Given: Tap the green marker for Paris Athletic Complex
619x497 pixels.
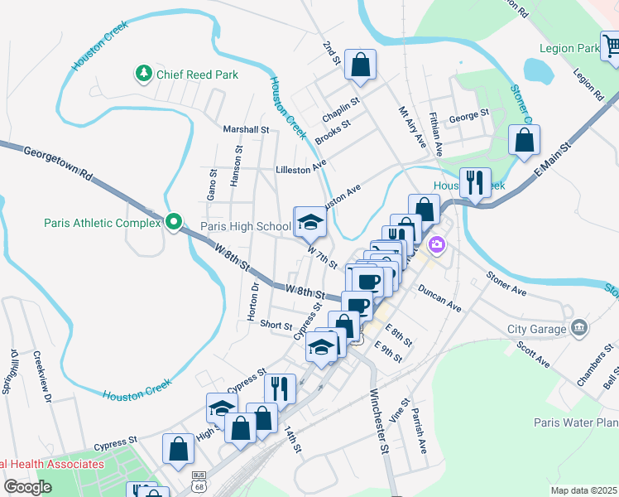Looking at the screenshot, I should pos(173,222).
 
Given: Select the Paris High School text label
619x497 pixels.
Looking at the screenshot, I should pos(246,226).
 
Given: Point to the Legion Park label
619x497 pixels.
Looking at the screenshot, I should pos(569,49).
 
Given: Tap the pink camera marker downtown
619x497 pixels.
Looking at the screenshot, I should pos(436,244).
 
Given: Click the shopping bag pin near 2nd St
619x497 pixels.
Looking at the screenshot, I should pos(360,65).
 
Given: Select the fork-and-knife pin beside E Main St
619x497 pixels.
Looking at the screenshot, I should pos(474,182).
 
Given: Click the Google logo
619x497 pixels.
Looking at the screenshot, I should pos(27,487).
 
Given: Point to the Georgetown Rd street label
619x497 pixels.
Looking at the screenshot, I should pos(58,163).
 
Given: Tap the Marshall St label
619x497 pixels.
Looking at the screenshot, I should pos(247,129).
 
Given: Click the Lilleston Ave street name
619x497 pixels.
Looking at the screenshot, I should pos(301,169).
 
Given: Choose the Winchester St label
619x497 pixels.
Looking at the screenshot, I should pos(378,422).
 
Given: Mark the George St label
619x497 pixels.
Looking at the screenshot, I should pos(469,118).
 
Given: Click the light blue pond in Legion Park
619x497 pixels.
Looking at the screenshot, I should pos(538,72).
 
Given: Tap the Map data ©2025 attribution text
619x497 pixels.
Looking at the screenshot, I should pos(584,490).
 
